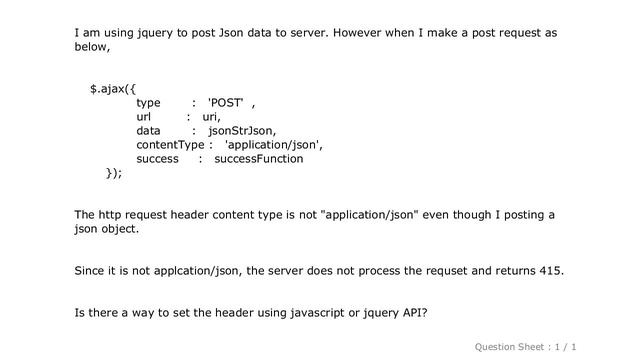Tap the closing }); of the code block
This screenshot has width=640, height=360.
click(114, 173)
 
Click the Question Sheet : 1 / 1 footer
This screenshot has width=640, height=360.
click(527, 345)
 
